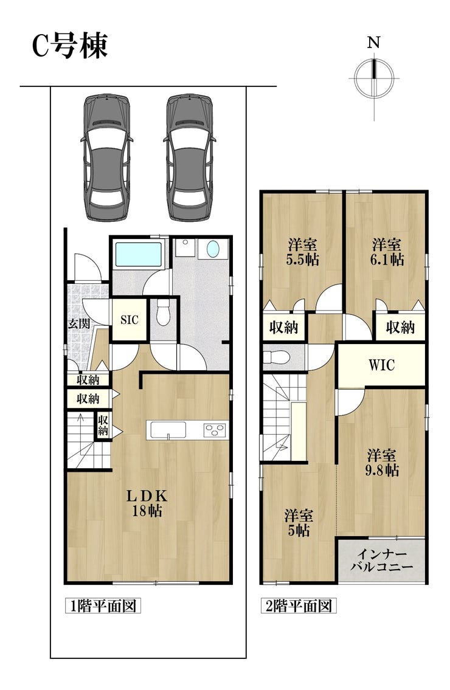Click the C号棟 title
click(x=70, y=46)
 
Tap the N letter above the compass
click(x=374, y=43)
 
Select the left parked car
click(x=107, y=157)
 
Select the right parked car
click(x=190, y=157)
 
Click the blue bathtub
click(x=138, y=254)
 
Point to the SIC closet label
click(x=130, y=320)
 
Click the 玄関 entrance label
click(x=79, y=324)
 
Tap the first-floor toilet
click(x=164, y=313)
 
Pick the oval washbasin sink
click(x=212, y=249)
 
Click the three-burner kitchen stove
click(x=215, y=430)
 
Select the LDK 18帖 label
click(x=147, y=503)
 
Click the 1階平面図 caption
click(x=103, y=606)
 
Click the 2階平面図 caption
click(x=298, y=606)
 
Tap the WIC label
click(x=382, y=365)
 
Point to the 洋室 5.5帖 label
click(x=302, y=252)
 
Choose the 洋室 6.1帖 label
click(x=386, y=252)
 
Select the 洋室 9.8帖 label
click(x=382, y=463)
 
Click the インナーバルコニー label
click(x=382, y=560)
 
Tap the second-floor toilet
click(x=276, y=356)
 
